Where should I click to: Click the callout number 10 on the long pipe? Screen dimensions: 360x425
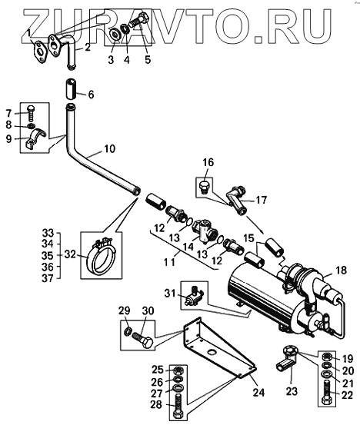click(109, 149)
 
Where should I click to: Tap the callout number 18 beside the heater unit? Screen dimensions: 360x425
click(342, 270)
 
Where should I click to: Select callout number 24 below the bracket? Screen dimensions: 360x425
click(258, 392)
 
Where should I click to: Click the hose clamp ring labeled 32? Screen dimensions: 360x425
click(100, 254)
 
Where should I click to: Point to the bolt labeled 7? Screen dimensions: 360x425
click(30, 113)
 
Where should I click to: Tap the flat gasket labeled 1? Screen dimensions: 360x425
click(41, 52)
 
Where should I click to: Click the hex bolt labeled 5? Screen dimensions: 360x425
click(138, 20)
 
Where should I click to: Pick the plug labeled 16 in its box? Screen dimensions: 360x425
click(204, 187)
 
